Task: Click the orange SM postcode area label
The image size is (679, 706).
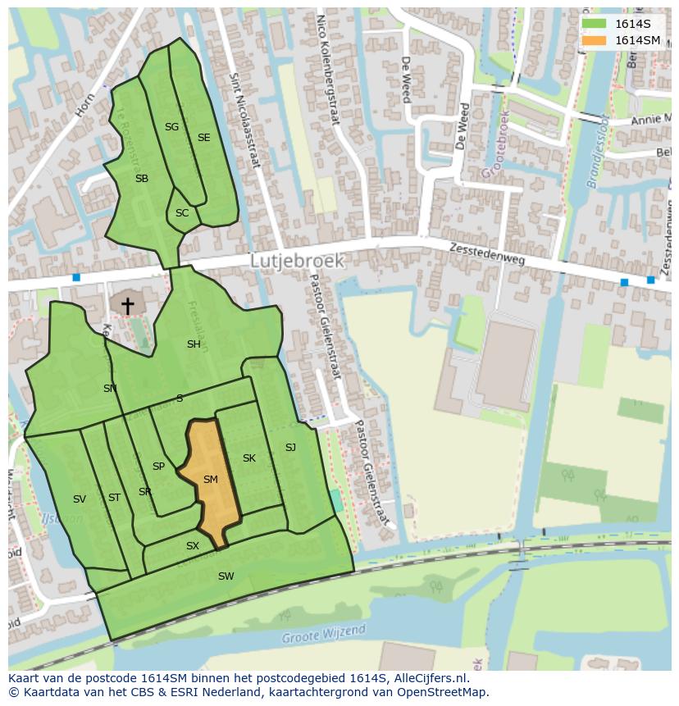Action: [x=210, y=480]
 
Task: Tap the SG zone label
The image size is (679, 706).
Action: [x=171, y=127]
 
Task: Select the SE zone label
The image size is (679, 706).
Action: [x=203, y=138]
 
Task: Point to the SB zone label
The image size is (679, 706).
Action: [x=142, y=179]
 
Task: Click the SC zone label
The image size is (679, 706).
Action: [x=182, y=213]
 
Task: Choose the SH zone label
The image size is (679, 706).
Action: [x=194, y=344]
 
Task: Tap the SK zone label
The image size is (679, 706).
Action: [x=249, y=458]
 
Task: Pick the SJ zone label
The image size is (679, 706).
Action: [x=290, y=448]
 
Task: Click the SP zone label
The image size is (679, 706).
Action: [x=158, y=467]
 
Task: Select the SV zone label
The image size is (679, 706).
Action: [x=80, y=499]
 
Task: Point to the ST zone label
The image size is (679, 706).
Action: [x=114, y=498]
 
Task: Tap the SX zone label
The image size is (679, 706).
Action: [x=193, y=546]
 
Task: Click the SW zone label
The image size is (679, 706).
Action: [x=226, y=576]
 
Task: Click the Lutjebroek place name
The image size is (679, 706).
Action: [x=297, y=260]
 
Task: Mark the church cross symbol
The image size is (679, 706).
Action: [x=128, y=305]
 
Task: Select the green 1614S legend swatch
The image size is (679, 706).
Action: [x=594, y=24]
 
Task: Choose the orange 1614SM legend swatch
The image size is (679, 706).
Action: [x=594, y=40]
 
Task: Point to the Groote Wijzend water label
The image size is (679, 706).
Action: [x=323, y=635]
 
